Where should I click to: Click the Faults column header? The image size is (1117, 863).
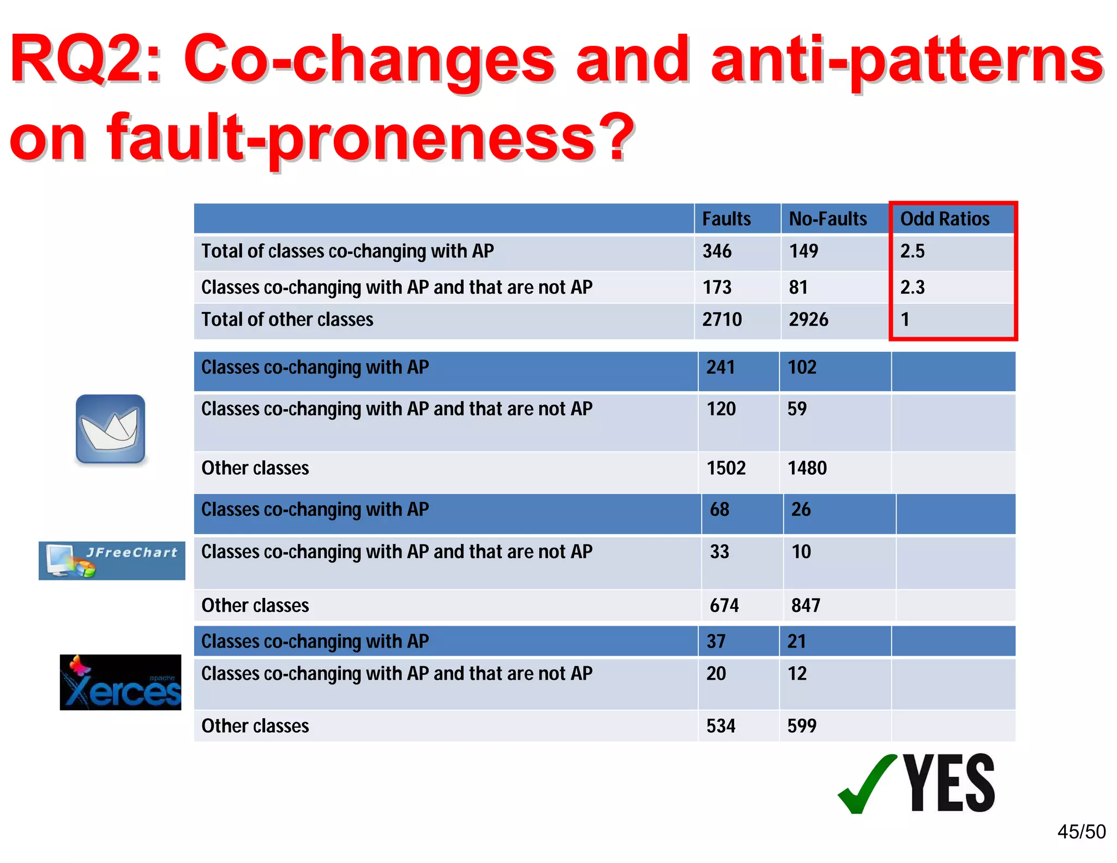(x=726, y=219)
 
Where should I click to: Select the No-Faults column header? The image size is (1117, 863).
(x=827, y=219)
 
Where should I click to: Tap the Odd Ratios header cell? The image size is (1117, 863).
(x=945, y=219)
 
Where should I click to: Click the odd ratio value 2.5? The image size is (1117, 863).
(x=912, y=251)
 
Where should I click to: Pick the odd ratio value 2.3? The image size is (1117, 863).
(x=912, y=287)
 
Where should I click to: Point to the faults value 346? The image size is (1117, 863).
(x=717, y=251)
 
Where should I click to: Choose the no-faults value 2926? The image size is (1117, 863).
(x=808, y=319)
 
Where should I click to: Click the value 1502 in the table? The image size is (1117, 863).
(x=726, y=468)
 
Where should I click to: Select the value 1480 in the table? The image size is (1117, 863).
(x=807, y=468)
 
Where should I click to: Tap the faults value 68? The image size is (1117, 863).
(x=719, y=510)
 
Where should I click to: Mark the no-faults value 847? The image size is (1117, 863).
(x=806, y=606)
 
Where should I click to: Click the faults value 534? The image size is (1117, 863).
(x=721, y=726)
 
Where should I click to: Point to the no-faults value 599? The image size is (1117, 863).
(x=802, y=726)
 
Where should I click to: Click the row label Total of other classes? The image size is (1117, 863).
(x=287, y=319)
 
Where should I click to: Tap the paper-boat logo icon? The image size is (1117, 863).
(x=111, y=429)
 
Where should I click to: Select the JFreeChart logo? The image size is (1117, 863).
(x=112, y=560)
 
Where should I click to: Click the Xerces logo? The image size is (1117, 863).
(x=121, y=682)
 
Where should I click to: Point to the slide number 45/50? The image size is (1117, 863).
(x=1081, y=831)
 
